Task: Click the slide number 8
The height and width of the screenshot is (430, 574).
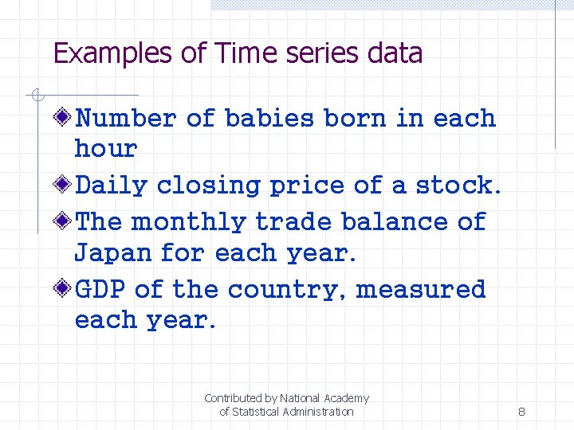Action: pyautogui.click(x=521, y=412)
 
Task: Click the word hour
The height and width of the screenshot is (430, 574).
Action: pyautogui.click(x=105, y=148)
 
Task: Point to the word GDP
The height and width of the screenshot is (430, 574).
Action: pyautogui.click(x=100, y=289)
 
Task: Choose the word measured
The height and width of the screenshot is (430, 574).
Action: pyautogui.click(x=420, y=289)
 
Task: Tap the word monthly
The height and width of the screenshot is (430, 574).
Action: pyautogui.click(x=189, y=221)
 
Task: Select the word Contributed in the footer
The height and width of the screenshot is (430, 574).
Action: pyautogui.click(x=234, y=398)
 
